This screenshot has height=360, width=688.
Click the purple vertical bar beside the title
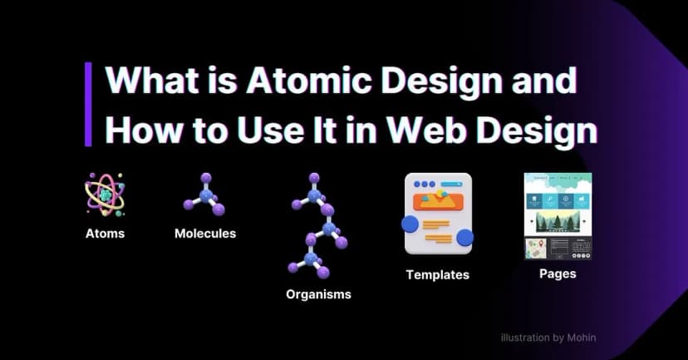(x=88, y=104)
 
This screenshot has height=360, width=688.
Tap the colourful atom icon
(x=104, y=195)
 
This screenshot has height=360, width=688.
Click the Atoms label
(x=105, y=234)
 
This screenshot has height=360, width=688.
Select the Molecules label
(x=204, y=234)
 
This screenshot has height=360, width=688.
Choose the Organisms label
(x=318, y=293)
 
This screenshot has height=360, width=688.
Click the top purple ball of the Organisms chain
(x=314, y=178)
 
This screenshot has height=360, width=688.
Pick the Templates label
(x=437, y=274)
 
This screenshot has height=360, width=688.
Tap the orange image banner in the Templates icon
(x=438, y=200)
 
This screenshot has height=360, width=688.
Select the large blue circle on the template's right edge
(x=464, y=239)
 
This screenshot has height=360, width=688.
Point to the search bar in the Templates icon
(x=453, y=183)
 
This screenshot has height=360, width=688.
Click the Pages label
(x=557, y=273)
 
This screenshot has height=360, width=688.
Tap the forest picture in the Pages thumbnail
(x=558, y=220)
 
